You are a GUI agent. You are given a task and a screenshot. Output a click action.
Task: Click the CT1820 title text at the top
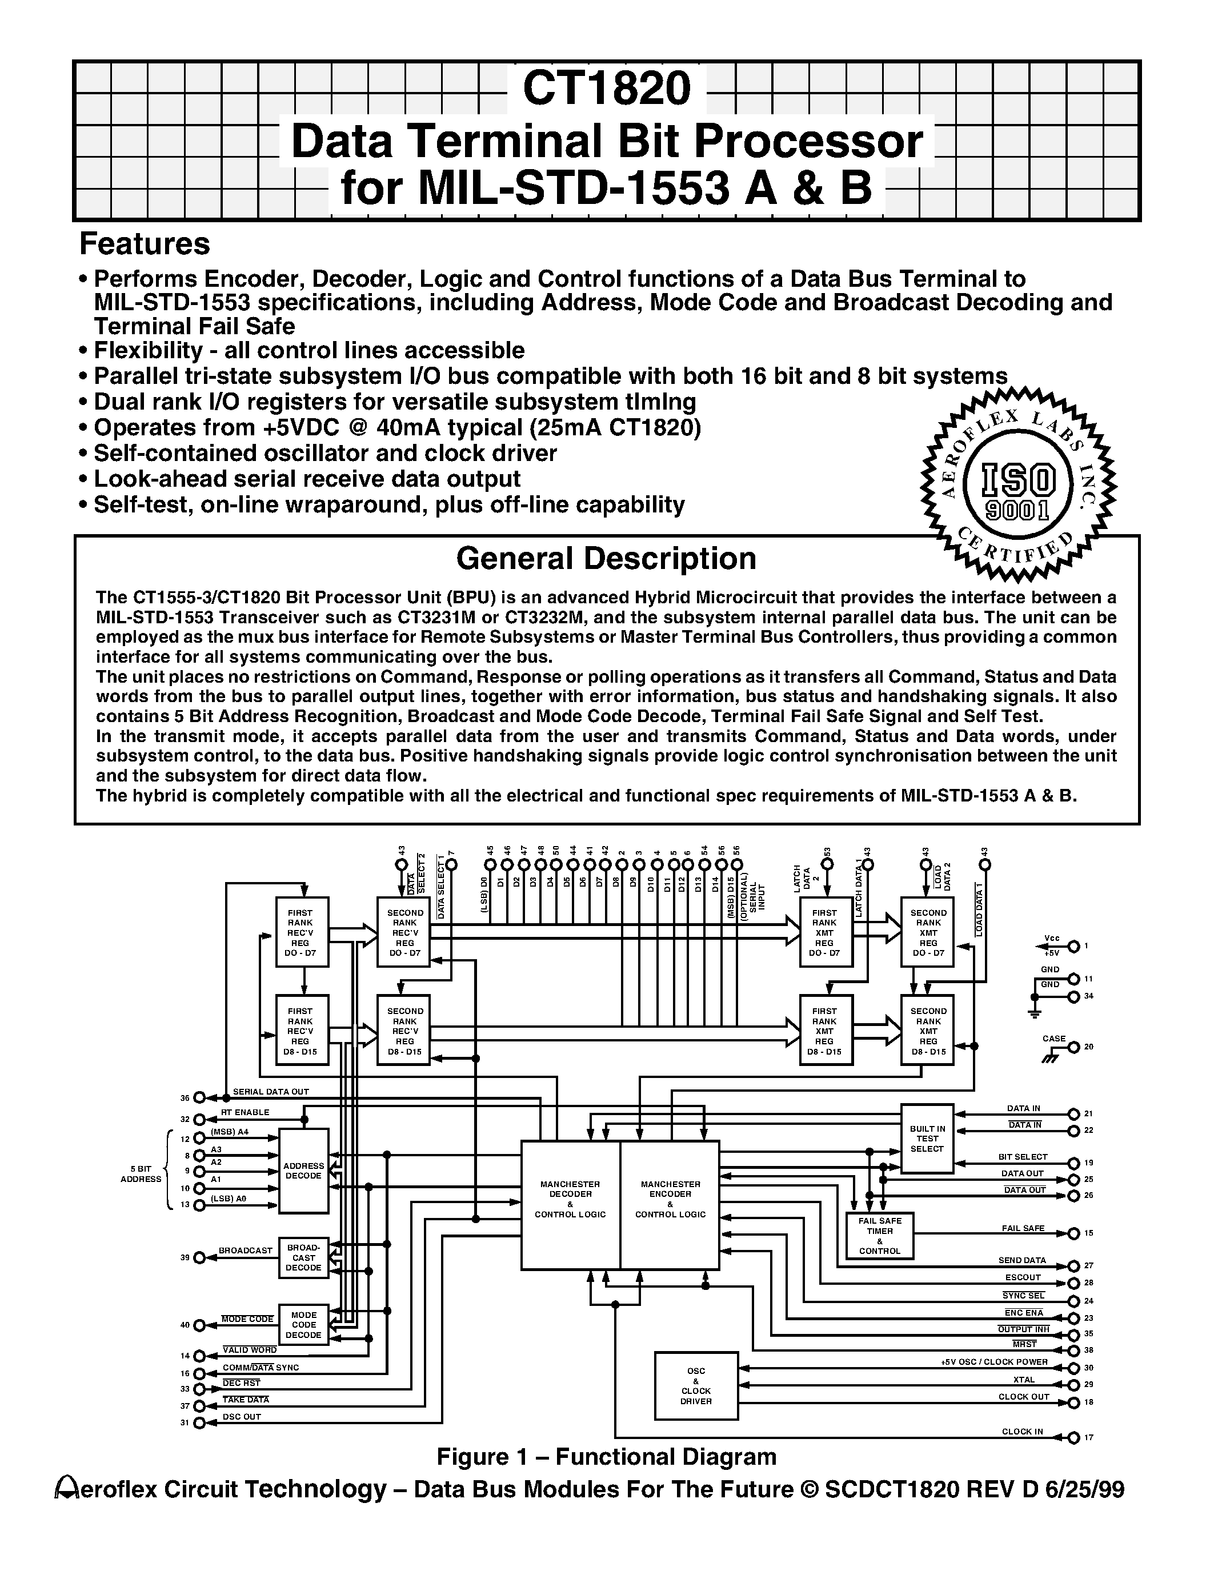[606, 89]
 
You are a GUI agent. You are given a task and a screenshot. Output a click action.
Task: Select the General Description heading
[606, 559]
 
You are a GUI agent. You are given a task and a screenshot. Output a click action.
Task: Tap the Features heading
[144, 244]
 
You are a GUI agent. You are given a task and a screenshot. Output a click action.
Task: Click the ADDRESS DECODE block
[303, 1171]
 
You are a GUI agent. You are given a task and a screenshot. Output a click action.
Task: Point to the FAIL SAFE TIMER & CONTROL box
[880, 1235]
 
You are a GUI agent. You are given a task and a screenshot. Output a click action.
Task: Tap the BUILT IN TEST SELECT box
[927, 1139]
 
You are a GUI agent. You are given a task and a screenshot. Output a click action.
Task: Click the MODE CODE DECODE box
[303, 1325]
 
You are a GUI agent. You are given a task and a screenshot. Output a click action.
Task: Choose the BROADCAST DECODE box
[303, 1257]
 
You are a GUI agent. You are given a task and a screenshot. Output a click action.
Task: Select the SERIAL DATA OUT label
[270, 1091]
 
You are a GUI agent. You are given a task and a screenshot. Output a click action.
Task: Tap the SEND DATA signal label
[1022, 1260]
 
